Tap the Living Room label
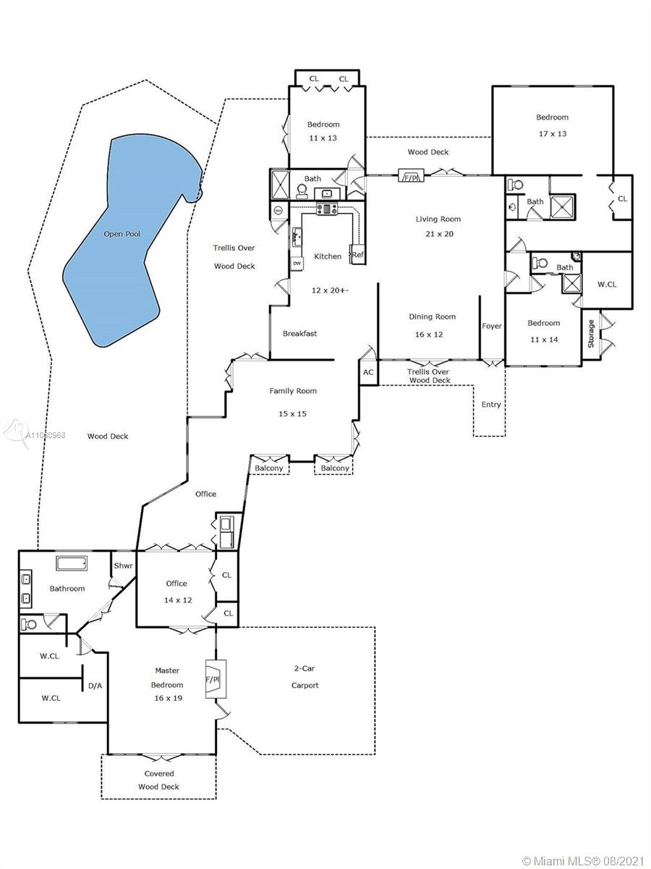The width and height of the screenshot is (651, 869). (438, 219)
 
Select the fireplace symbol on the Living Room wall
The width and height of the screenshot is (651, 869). (411, 175)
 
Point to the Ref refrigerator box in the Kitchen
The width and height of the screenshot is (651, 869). (357, 254)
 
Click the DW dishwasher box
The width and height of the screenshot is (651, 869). (297, 264)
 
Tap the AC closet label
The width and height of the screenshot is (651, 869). (368, 372)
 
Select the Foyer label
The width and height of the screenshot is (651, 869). (492, 326)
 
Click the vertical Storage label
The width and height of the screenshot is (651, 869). (591, 334)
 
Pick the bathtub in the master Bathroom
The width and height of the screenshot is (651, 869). (72, 563)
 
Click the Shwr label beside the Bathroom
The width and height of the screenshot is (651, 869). (123, 566)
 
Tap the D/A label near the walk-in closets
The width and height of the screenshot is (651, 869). (95, 686)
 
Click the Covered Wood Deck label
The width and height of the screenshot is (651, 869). (159, 780)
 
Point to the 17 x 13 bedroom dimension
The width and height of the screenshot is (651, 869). (552, 134)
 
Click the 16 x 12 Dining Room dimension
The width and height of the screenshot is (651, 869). (429, 335)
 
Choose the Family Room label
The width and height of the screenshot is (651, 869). (293, 391)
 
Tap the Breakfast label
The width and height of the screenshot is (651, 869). (299, 333)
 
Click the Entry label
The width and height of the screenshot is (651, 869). (491, 405)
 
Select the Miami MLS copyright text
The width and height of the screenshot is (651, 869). (583, 858)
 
